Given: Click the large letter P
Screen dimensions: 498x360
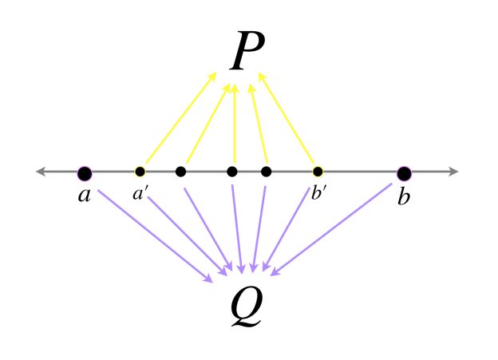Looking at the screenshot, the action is [247, 51].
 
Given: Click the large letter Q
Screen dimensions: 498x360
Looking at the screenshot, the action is [247, 306].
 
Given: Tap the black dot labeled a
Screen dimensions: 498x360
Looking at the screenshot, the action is [85, 173].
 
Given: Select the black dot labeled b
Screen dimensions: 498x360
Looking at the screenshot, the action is [404, 173].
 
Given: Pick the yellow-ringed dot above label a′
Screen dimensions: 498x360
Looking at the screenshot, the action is [140, 172].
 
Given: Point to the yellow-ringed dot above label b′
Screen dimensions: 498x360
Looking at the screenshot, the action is [318, 172].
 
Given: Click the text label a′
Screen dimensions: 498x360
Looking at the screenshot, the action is [139, 193].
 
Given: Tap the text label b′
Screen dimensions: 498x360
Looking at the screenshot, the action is [318, 192].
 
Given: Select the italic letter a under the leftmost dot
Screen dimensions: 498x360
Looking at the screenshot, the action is [85, 195].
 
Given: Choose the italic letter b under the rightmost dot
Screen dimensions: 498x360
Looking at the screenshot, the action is [404, 196].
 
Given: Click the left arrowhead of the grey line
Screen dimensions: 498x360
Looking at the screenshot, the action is [41, 172].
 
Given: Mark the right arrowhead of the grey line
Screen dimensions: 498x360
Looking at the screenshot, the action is [453, 172].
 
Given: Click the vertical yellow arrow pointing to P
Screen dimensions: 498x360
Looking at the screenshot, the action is [235, 123].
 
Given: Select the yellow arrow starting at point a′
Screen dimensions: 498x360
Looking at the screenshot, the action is [180, 118].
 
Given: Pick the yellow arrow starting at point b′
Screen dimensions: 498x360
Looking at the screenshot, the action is [287, 118].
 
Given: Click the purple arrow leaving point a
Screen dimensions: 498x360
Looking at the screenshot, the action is [155, 235].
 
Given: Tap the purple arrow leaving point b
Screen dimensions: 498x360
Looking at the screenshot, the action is [331, 229].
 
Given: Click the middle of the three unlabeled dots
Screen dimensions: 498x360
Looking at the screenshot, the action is [232, 172].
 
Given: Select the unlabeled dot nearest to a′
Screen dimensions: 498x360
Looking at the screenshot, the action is [180, 172].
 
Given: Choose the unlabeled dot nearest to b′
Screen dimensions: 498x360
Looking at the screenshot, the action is [266, 172].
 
